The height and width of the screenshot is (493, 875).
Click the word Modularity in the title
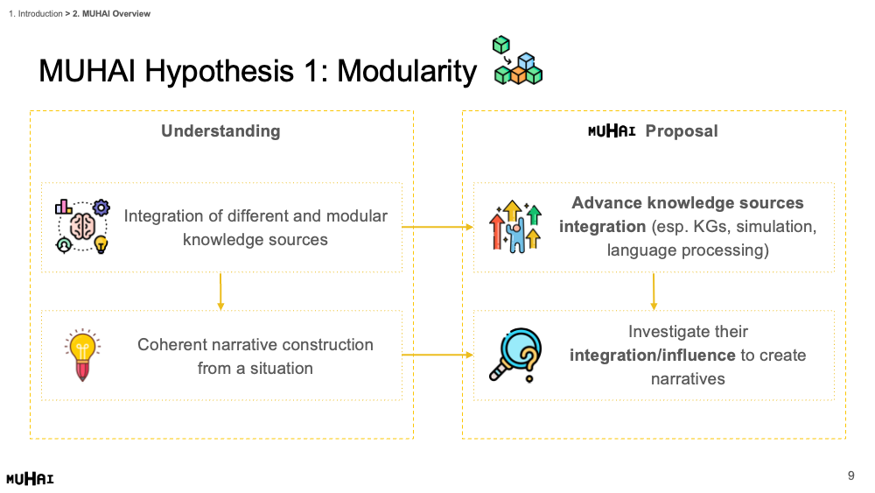(407, 71)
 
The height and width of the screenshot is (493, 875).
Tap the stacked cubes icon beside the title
(516, 60)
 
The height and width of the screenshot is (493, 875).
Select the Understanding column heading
(220, 131)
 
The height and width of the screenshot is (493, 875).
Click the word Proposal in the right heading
(682, 131)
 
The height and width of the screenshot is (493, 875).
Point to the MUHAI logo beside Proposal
(612, 131)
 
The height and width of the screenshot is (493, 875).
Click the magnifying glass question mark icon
(515, 356)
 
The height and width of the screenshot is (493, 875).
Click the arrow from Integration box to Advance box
(437, 227)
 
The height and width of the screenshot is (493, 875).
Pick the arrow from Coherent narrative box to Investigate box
(437, 355)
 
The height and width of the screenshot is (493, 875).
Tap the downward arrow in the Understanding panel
(220, 292)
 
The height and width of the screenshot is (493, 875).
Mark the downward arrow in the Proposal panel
(654, 292)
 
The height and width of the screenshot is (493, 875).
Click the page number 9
(850, 475)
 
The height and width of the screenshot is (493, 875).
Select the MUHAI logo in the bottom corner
(30, 479)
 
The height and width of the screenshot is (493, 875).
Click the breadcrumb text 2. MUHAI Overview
(112, 14)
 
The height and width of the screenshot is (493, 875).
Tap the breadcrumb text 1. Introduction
(36, 14)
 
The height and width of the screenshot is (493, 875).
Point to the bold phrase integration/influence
(652, 356)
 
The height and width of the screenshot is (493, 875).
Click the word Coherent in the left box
(171, 344)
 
